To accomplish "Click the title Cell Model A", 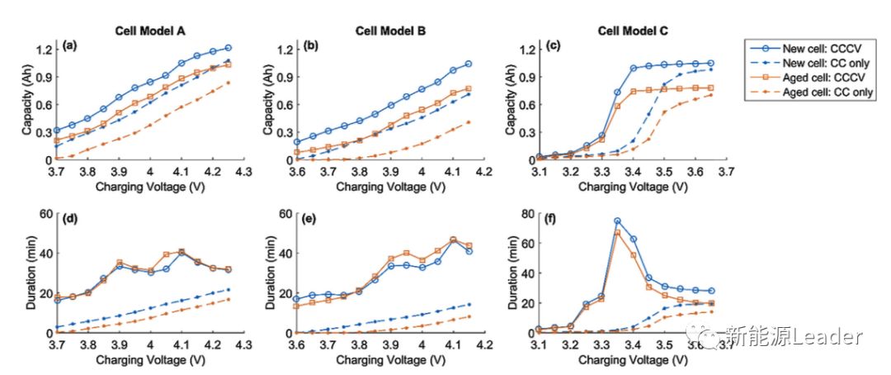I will [x=148, y=31].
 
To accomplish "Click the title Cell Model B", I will [x=390, y=31].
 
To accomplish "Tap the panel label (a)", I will [x=71, y=47].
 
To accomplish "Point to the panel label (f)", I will [x=554, y=221].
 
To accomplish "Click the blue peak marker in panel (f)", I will [x=617, y=221].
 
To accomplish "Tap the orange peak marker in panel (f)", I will [x=617, y=233].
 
